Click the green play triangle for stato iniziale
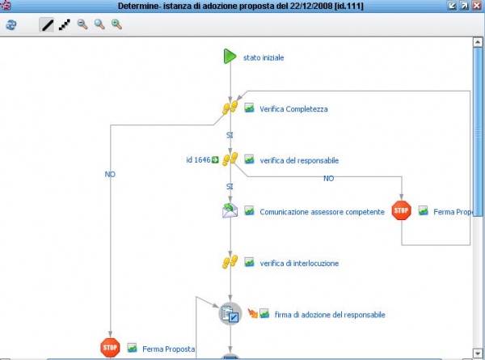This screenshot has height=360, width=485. click(x=230, y=57)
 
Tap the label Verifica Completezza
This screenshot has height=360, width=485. click(x=293, y=108)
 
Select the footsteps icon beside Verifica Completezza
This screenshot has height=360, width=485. click(x=230, y=108)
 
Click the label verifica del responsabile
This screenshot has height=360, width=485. click(x=299, y=160)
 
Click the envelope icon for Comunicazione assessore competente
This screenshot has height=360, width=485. click(x=230, y=211)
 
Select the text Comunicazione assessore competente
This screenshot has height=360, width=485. click(x=322, y=212)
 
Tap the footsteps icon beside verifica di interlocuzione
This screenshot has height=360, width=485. click(x=230, y=263)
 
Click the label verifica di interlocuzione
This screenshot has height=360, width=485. click(x=299, y=263)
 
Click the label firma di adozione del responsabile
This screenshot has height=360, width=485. click(x=330, y=315)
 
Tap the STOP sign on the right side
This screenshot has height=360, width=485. click(x=401, y=211)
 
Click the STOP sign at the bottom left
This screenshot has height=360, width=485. click(x=110, y=348)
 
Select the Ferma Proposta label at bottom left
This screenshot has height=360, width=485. click(x=169, y=349)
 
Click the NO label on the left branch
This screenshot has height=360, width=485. click(x=110, y=174)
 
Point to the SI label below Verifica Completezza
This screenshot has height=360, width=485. click(x=230, y=134)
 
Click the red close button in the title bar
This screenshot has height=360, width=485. click(x=478, y=6)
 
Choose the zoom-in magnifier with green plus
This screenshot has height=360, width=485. click(x=116, y=25)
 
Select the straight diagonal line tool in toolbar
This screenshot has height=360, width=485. click(x=48, y=25)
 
